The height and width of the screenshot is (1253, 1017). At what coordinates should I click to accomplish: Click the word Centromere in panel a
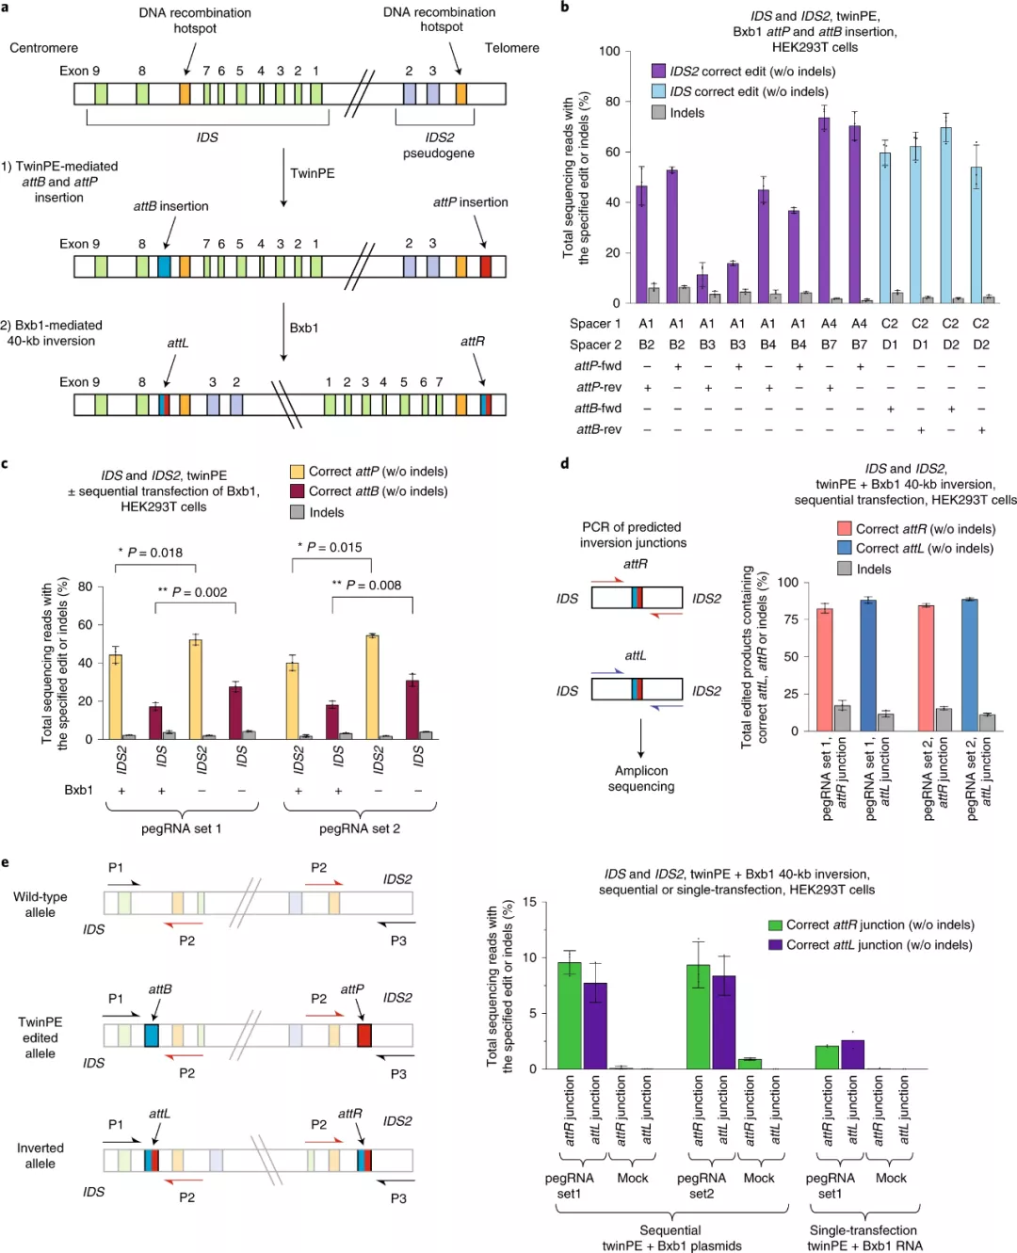click(44, 48)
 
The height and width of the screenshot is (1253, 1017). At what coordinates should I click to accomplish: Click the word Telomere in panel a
click(511, 48)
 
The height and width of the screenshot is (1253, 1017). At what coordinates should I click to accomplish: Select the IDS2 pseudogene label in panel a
click(439, 145)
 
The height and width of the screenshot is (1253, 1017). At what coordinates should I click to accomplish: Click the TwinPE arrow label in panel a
click(312, 173)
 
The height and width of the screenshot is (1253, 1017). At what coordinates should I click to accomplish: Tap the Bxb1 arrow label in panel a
click(304, 329)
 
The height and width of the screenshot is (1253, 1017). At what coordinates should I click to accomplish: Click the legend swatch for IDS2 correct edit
click(659, 72)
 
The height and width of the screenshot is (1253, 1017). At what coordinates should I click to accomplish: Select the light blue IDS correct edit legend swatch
click(659, 91)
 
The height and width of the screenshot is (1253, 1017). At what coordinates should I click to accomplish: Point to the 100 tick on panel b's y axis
click(609, 51)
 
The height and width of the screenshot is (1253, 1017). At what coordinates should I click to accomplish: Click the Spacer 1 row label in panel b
click(595, 324)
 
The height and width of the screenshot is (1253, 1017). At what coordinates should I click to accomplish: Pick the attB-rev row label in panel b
click(599, 430)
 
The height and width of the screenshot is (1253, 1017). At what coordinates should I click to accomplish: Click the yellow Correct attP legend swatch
click(298, 472)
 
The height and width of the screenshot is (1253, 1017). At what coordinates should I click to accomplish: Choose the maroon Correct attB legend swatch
click(298, 491)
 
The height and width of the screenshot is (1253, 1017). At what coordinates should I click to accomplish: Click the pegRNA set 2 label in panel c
click(360, 828)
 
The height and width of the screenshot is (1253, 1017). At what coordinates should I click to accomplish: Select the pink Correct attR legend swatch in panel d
click(845, 529)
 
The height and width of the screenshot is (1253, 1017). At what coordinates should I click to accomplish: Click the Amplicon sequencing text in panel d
click(641, 779)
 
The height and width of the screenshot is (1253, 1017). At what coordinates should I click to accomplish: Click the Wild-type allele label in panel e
click(40, 905)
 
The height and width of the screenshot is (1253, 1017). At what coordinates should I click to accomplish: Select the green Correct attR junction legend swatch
click(776, 925)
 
